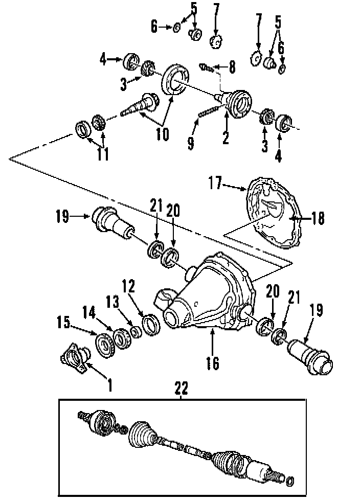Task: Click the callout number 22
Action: point(181,389)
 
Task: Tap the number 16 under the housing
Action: point(212,363)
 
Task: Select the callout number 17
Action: point(215,183)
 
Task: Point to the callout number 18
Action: point(318,218)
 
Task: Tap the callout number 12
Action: point(128,286)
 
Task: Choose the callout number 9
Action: point(191,142)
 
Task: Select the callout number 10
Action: point(162,134)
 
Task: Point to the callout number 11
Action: point(103,154)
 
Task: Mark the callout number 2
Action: point(226,137)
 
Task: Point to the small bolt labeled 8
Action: point(207,66)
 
